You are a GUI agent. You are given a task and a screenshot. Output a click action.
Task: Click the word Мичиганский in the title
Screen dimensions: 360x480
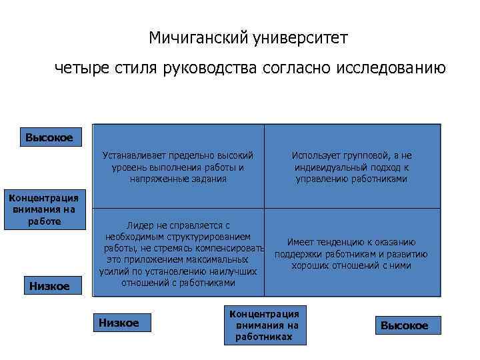[199, 38]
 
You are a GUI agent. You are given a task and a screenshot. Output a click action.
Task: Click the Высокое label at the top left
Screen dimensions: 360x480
[49, 138]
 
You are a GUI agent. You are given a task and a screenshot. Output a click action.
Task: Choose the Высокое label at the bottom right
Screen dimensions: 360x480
[405, 325]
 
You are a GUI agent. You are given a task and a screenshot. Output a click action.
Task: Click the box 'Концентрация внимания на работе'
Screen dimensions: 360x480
[43, 209]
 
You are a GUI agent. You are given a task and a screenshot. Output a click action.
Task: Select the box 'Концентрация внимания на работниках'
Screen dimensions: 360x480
[264, 325]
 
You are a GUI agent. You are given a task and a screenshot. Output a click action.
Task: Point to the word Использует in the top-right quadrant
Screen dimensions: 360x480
[315, 155]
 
